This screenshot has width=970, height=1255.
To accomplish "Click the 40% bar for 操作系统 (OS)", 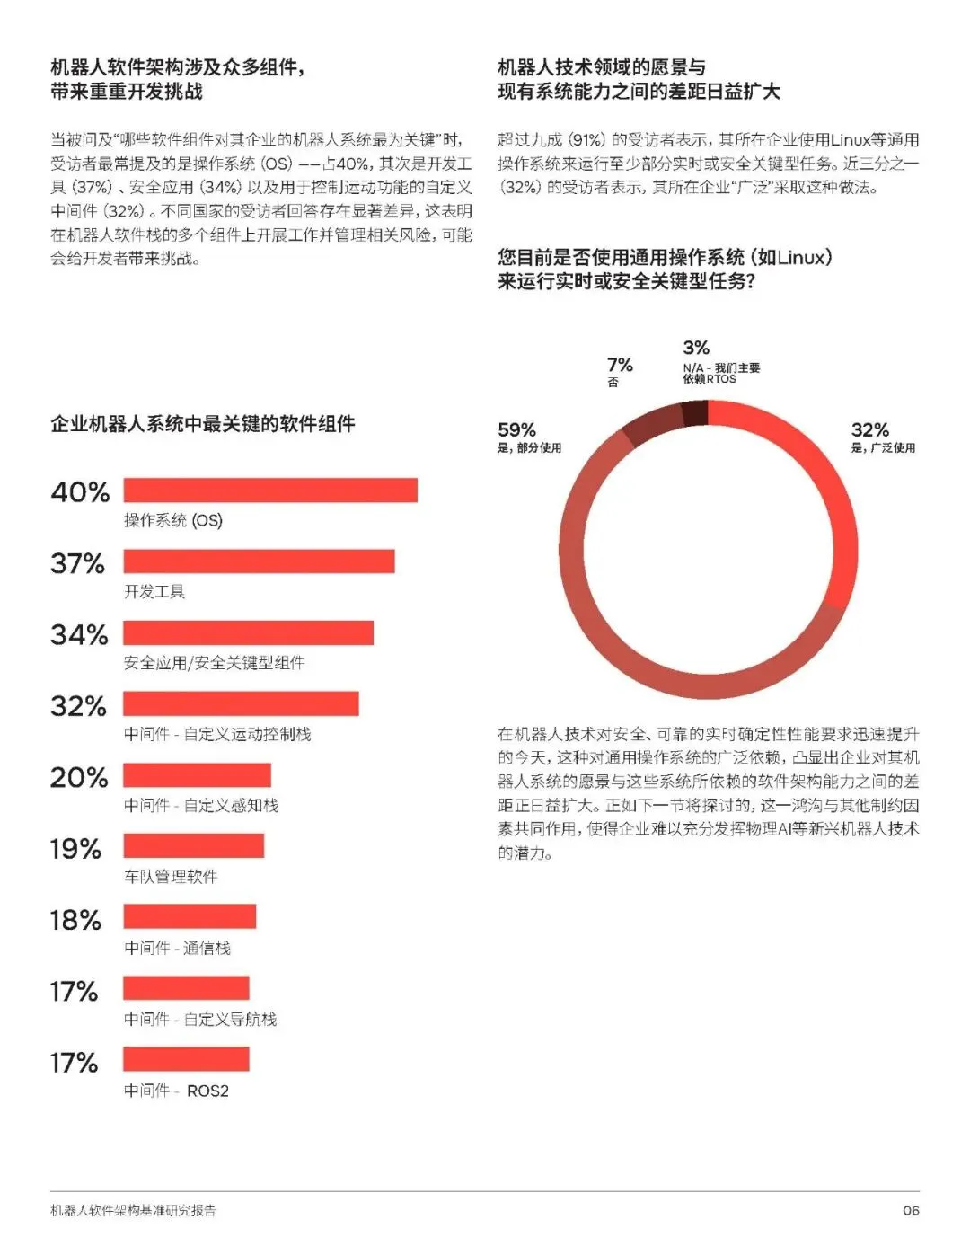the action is coord(270,490).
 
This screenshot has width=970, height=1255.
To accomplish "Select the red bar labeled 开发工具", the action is coord(259,561).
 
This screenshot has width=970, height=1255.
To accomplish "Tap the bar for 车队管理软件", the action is coord(193,845).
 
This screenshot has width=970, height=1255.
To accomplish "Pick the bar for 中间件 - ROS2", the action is coord(186,1059).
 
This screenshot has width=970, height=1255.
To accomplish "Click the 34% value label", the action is coord(79,635).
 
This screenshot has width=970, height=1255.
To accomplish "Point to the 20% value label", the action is coord(79,777).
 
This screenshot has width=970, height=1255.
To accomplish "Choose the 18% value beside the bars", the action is coord(75,920).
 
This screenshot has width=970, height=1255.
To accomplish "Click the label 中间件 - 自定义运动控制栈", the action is coord(217,734).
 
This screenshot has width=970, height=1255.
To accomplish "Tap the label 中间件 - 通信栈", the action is coord(177,948).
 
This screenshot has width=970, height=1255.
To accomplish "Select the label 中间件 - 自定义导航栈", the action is coord(200,1020).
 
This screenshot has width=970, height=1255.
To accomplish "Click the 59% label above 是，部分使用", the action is coord(516,429).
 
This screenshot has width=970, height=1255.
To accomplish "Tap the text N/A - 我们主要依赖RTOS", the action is coord(721,373).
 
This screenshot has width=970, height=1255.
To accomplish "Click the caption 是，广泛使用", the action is coord(883,447).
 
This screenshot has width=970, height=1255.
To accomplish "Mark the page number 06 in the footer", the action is coord(911,1210).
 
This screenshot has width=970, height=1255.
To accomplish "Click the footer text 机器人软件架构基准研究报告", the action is coord(133,1210).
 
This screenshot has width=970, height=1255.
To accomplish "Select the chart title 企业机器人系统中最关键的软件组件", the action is coord(203,424).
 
